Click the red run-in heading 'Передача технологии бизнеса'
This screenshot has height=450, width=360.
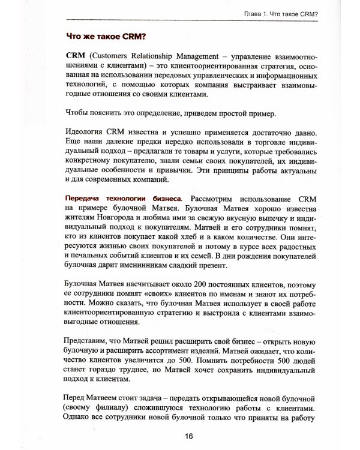click(120, 199)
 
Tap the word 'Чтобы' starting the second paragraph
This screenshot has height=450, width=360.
click(78, 113)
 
